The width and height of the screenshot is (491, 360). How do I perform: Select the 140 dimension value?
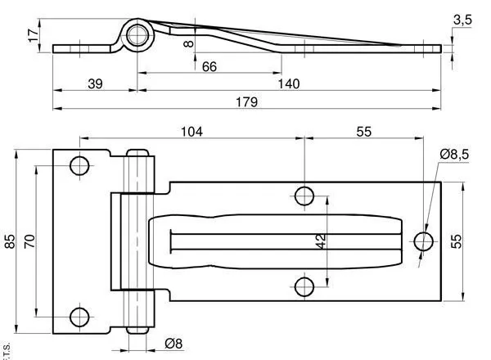pyautogui.click(x=288, y=83)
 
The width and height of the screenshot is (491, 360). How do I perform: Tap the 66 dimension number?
pyautogui.click(x=209, y=66)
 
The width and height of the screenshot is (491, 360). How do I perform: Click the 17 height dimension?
pyautogui.click(x=33, y=37)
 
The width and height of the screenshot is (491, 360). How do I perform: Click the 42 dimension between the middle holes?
pyautogui.click(x=321, y=241)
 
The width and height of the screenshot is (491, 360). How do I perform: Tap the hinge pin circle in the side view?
pyautogui.click(x=137, y=35)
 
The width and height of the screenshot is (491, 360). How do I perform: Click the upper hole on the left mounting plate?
pyautogui.click(x=79, y=166)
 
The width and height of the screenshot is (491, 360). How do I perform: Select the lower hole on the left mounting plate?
pyautogui.click(x=79, y=316)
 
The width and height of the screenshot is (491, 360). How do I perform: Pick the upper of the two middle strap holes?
pyautogui.click(x=304, y=196)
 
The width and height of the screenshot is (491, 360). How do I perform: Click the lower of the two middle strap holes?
pyautogui.click(x=304, y=286)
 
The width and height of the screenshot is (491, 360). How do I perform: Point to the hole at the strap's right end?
pyautogui.click(x=424, y=241)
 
